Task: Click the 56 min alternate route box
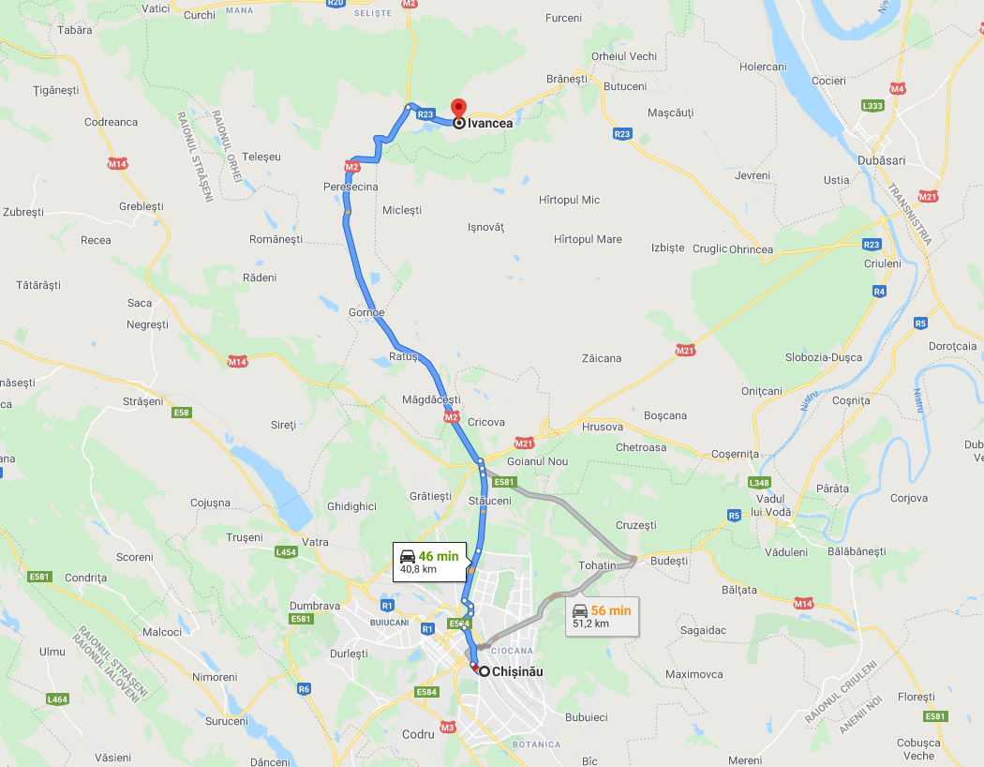tap(602, 616)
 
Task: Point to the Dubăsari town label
tap(881, 160)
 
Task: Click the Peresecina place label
tap(350, 187)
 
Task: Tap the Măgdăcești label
tap(430, 399)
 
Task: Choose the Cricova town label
tap(486, 422)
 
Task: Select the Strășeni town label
tap(142, 401)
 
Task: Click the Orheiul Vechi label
tap(624, 56)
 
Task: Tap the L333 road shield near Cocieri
tap(872, 106)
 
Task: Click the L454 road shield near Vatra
tap(287, 552)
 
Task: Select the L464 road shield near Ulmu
tap(57, 699)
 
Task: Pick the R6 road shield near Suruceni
tap(304, 688)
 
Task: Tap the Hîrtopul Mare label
tap(588, 239)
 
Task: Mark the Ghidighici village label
tap(351, 506)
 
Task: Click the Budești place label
tap(668, 561)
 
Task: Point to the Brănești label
tap(566, 80)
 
